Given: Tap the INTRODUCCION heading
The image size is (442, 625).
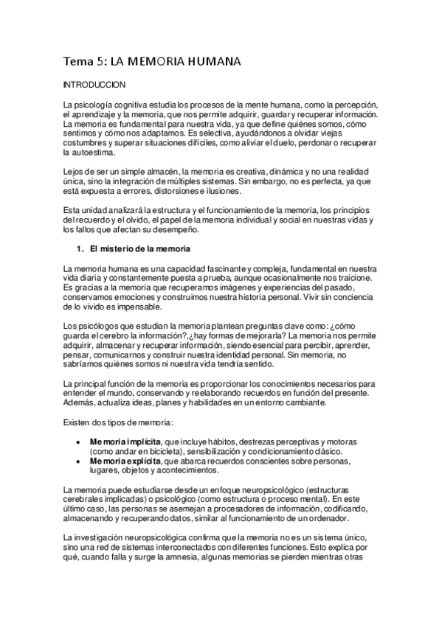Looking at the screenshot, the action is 94,85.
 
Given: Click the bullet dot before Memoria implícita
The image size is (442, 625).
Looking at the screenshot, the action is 78,440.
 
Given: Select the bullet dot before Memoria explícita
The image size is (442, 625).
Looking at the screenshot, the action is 78,460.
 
